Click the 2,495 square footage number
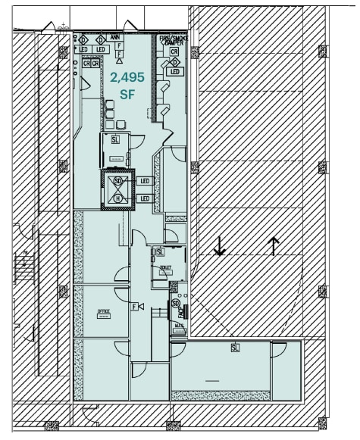pyautogui.click(x=127, y=77)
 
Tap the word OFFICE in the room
pyautogui.click(x=103, y=311)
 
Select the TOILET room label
pyautogui.click(x=165, y=268)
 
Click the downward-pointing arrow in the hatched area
pyautogui.click(x=219, y=246)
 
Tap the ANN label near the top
pyautogui.click(x=115, y=36)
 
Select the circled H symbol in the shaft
pyautogui.click(x=117, y=198)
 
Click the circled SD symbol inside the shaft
pyautogui.click(x=117, y=182)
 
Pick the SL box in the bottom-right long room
pyautogui.click(x=235, y=348)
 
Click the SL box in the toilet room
pyautogui.click(x=160, y=251)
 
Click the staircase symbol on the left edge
pyautogui.click(x=24, y=268)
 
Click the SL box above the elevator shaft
pyautogui.click(x=115, y=139)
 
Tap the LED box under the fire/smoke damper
pyautogui.click(x=175, y=72)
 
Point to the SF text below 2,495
pyautogui.click(x=127, y=95)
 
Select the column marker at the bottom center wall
pyautogui.click(x=174, y=425)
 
